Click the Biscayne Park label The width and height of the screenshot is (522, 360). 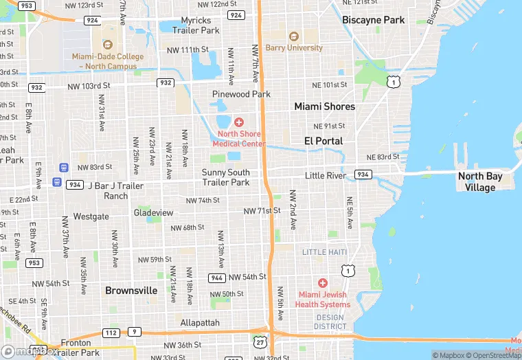[x=374, y=20]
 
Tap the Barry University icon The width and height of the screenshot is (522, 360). [x=294, y=36]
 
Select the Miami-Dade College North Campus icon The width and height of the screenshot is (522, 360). [x=108, y=44]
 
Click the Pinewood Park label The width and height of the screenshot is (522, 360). [x=241, y=94]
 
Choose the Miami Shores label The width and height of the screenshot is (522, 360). [x=325, y=106]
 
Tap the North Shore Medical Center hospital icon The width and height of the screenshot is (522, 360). [x=238, y=122]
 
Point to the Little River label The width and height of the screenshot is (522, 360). [x=326, y=176]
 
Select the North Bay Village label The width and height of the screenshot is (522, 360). [x=480, y=181]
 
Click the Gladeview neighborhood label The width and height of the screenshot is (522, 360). [x=153, y=213]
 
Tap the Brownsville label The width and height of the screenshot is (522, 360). [x=131, y=291]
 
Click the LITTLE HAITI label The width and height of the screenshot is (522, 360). [x=324, y=252]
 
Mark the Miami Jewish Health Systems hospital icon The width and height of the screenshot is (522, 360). [x=323, y=283]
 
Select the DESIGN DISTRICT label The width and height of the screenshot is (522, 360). [x=331, y=322]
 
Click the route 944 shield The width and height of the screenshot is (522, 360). [x=218, y=277]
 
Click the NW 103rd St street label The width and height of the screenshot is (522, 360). [x=89, y=86]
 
